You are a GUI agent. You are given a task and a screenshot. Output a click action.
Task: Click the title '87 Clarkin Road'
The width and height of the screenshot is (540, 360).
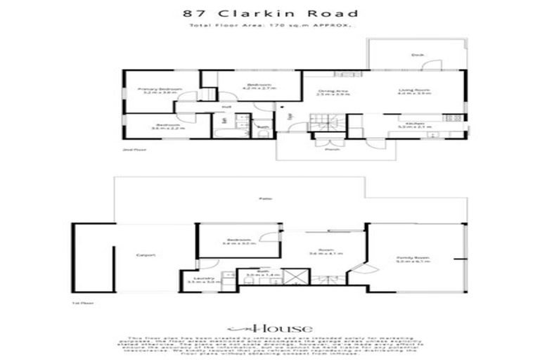pos(270,13)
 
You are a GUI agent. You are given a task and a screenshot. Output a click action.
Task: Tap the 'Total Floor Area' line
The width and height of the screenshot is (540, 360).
pos(270,26)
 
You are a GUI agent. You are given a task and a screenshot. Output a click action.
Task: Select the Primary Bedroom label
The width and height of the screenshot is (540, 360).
pos(160,89)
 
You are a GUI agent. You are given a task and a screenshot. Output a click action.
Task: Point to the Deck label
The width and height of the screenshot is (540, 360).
pos(416,56)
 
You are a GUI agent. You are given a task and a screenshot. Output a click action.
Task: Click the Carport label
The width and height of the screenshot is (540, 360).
pos(146,255)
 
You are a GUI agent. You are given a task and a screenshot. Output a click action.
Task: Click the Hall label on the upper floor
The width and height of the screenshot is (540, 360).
pos(226,107)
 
